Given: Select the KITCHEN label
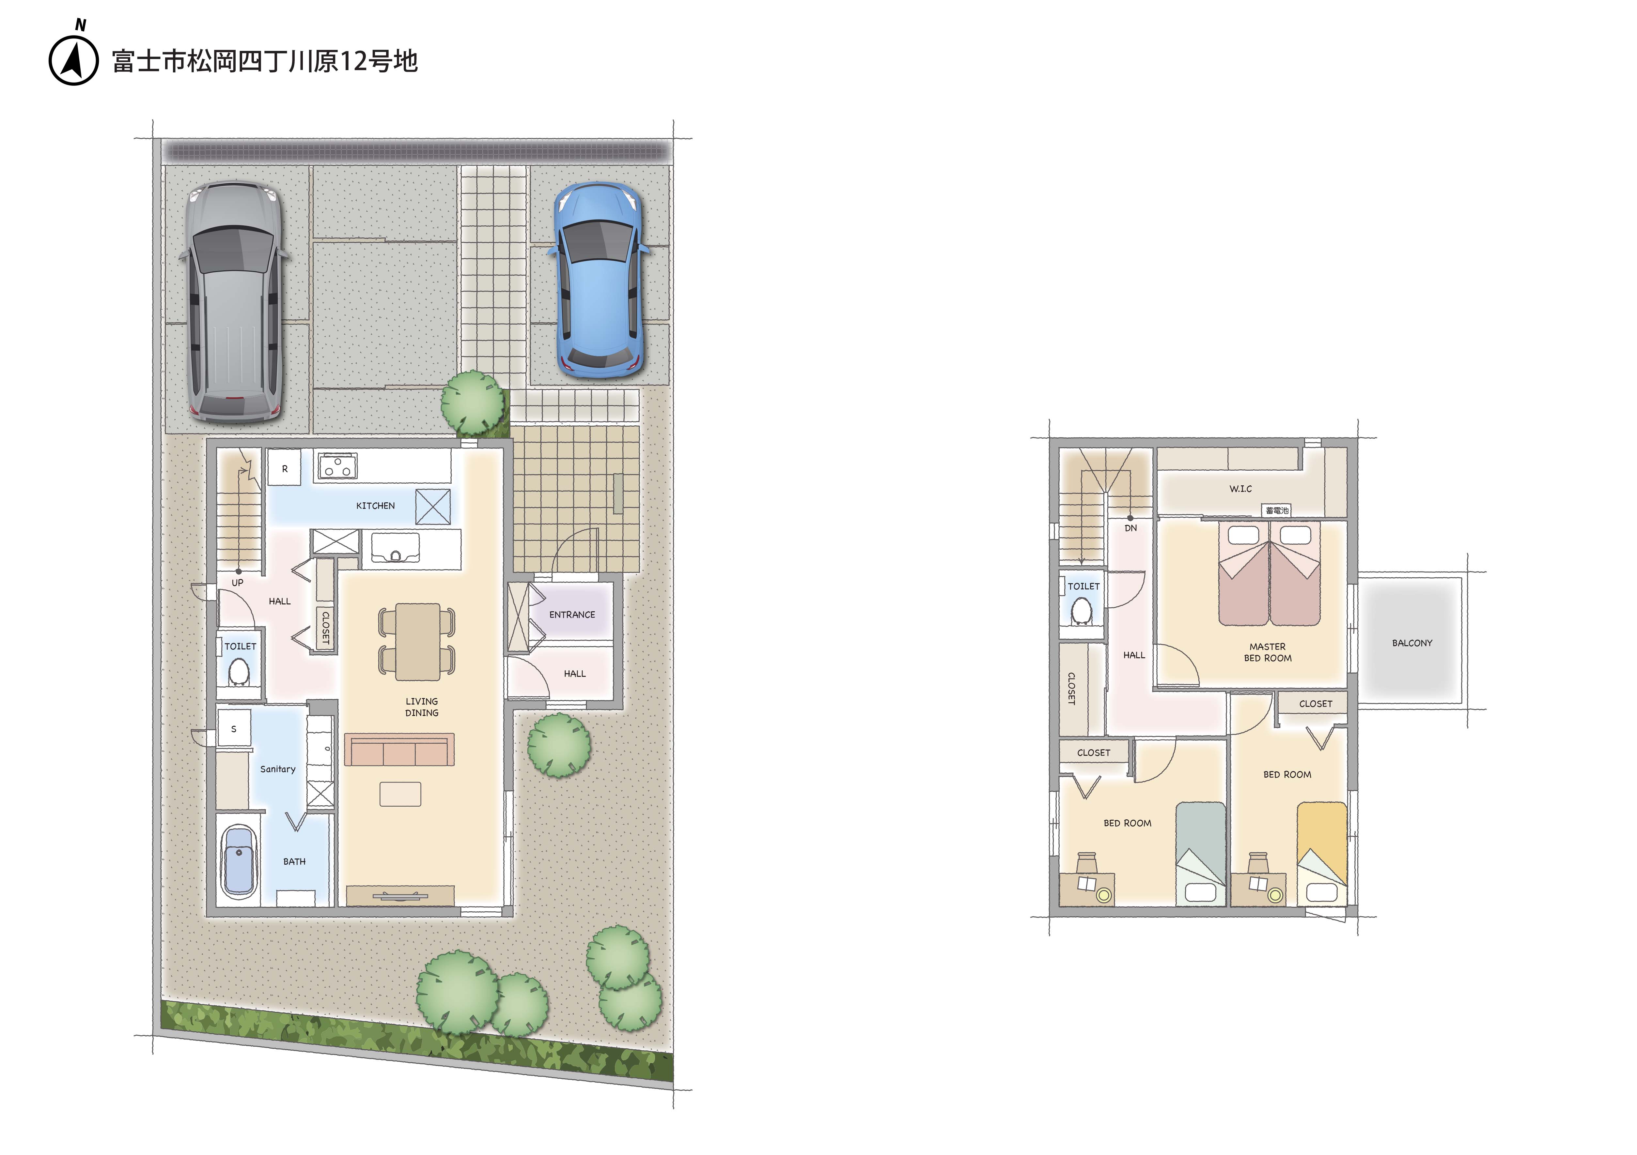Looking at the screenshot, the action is point(375,506).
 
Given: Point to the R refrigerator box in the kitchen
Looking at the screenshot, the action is point(285,469).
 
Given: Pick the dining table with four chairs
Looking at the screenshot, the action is point(417,641).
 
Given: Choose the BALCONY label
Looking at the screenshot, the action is point(1412,643).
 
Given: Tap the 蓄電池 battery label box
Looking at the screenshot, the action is point(1277,510).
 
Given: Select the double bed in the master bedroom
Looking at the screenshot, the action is point(1269,573).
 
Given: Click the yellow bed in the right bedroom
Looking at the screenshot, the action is point(1321,854).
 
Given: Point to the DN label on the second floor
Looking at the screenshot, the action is point(1131,528).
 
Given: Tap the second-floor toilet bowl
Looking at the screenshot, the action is point(1082,611).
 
